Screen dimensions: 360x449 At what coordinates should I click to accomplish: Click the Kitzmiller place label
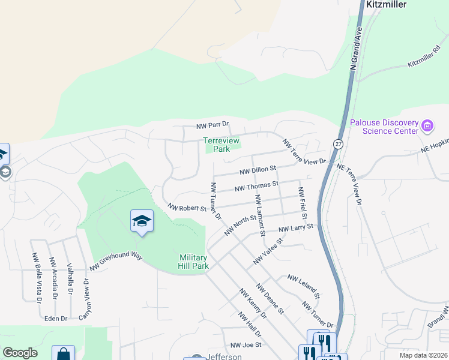[386, 5]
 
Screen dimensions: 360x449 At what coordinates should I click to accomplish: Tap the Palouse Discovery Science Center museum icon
[427, 126]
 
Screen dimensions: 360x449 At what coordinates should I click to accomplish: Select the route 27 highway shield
[338, 144]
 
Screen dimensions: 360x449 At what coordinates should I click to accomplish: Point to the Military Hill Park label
[193, 262]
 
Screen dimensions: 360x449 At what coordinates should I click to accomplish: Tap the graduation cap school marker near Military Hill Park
[142, 221]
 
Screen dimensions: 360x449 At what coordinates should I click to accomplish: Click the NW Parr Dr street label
[213, 125]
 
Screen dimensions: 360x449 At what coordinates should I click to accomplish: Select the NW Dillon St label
[256, 170]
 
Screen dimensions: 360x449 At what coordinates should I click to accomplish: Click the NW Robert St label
[187, 208]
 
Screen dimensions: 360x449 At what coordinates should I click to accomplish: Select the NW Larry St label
[297, 229]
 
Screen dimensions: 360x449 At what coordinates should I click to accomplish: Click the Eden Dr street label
[56, 319]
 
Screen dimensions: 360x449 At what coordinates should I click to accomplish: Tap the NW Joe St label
[246, 345]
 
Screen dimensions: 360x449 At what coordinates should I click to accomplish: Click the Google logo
[20, 353]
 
